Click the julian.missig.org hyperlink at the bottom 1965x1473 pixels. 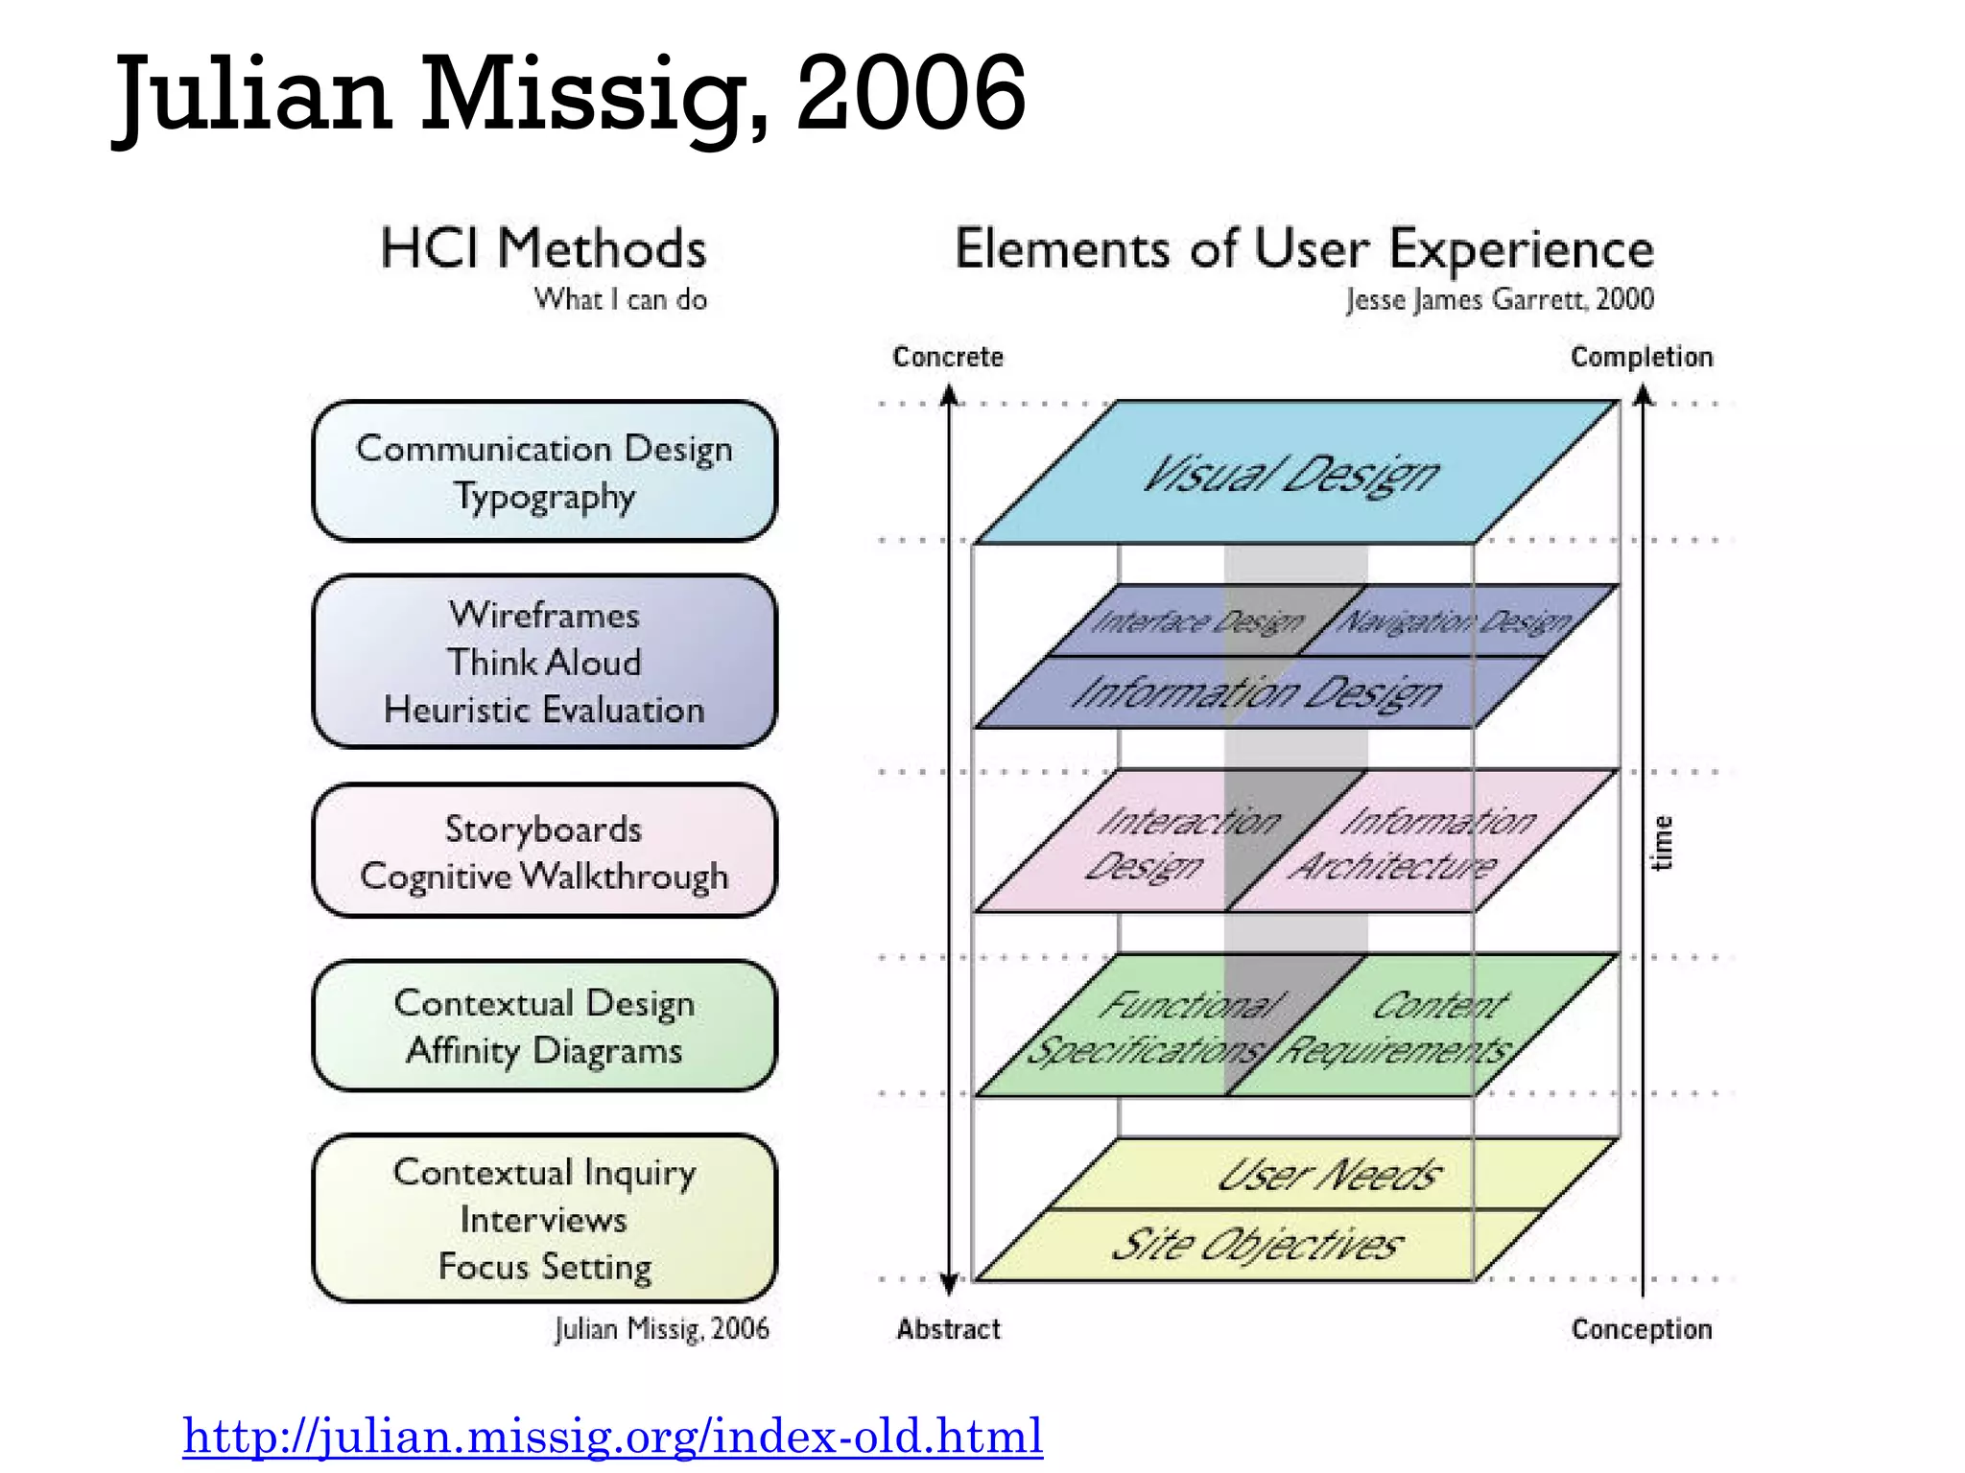pos(612,1436)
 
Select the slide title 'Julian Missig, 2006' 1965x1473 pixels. pos(570,94)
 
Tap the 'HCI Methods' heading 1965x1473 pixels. pos(543,248)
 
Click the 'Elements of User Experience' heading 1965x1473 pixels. pos(1304,248)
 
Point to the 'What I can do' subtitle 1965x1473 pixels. pos(620,299)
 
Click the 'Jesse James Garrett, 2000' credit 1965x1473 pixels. pos(1499,299)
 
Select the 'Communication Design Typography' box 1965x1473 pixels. pos(544,472)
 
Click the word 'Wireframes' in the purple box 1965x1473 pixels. pos(544,615)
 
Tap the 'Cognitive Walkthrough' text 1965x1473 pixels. pos(544,877)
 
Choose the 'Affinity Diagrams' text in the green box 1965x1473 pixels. pos(544,1050)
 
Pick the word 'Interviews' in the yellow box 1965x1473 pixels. pos(544,1220)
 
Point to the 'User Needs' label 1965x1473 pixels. pos(1329,1175)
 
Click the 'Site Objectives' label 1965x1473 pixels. pos(1257,1245)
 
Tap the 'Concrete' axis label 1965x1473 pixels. pos(948,357)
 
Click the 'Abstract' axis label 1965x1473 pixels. pos(948,1329)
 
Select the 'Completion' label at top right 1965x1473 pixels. pos(1641,357)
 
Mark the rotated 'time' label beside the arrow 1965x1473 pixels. pos(1663,843)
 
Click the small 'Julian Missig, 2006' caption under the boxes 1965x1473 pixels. pos(662,1329)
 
